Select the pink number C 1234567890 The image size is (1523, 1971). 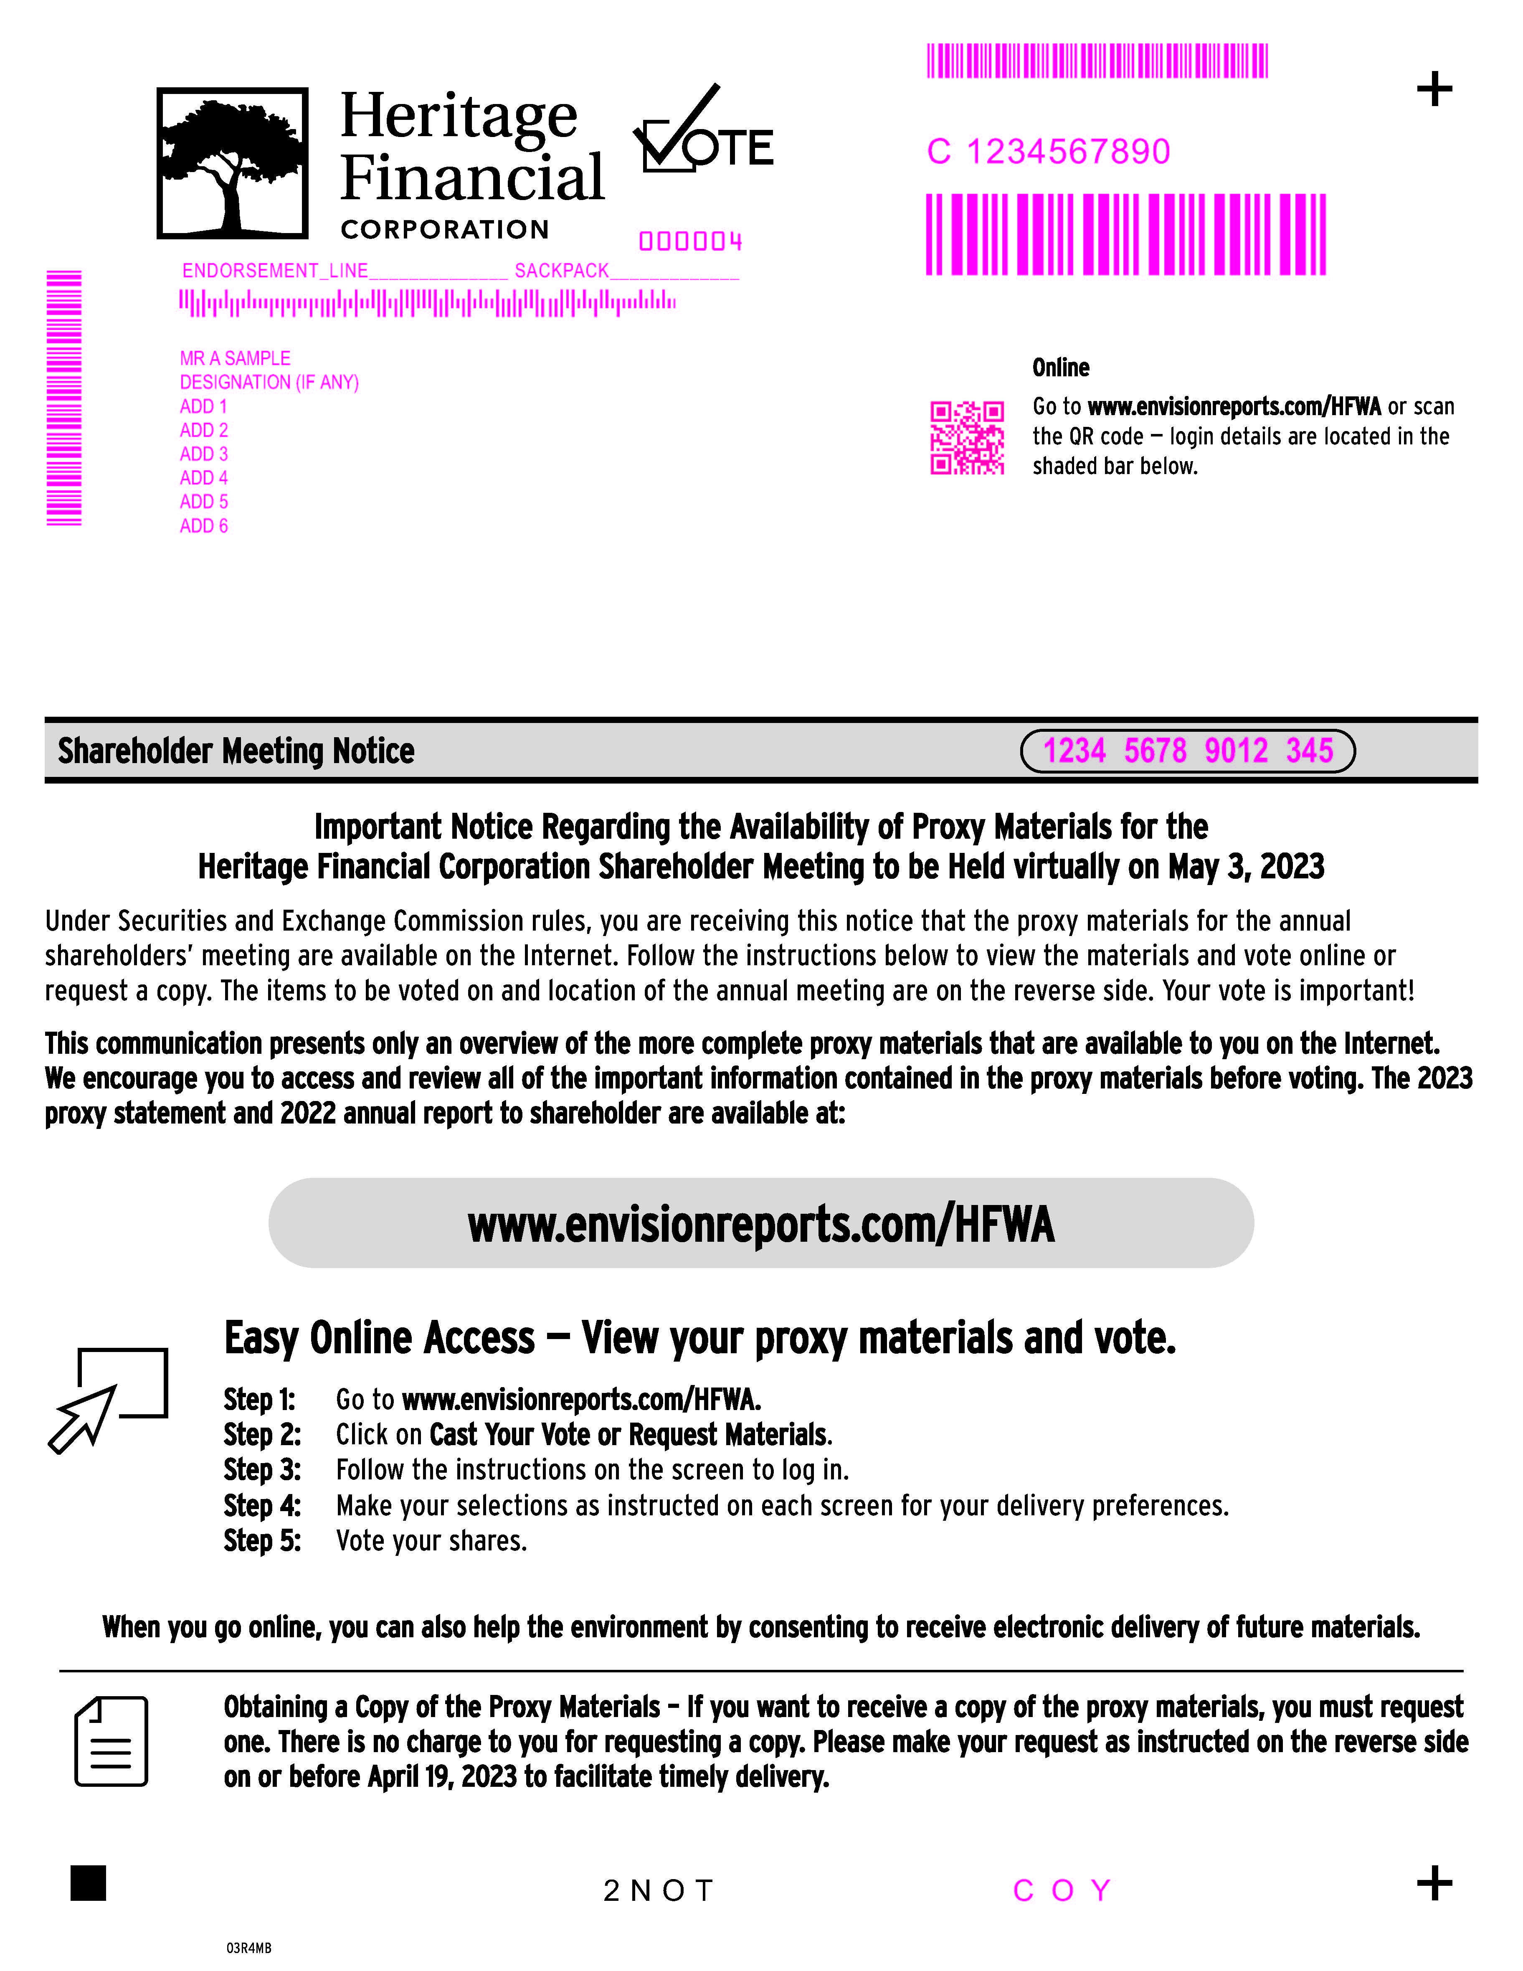(1049, 152)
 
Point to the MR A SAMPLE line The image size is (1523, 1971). (235, 358)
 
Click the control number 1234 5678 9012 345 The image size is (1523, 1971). (1187, 751)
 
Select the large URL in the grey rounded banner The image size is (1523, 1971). (760, 1225)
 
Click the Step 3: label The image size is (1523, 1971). (262, 1470)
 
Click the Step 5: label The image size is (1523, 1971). (262, 1540)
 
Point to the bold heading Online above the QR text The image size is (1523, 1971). (1060, 368)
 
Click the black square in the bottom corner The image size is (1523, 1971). (89, 1882)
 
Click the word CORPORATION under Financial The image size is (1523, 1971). (445, 230)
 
